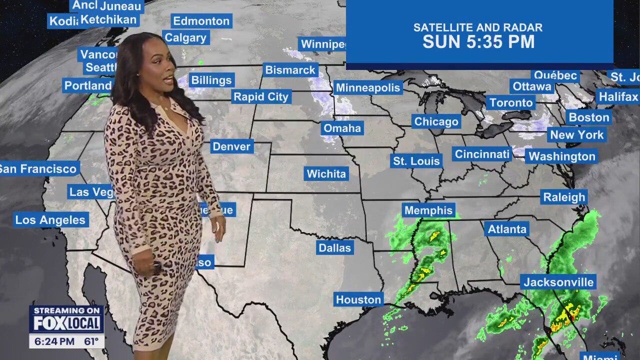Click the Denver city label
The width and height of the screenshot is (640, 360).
pos(231,146)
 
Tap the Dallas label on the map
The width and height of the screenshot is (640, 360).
pos(334,247)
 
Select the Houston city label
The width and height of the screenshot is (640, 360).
pos(358,299)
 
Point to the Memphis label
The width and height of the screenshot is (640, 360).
pos(428,210)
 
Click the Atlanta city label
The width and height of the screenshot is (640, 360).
pos(507,229)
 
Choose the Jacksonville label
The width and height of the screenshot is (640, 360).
pos(558,282)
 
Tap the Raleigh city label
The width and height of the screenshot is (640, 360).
pos(564,197)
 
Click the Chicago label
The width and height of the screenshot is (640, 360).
pos(436,121)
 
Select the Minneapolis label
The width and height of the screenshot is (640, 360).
pos(368,88)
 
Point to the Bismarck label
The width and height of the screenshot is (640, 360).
pos(290,70)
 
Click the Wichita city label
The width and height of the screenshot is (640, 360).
pos(326,174)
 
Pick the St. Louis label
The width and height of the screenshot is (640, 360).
pos(416,161)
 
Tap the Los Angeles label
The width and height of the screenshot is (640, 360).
pos(50,219)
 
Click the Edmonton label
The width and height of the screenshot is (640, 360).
pos(201,21)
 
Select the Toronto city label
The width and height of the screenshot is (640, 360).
pos(511,102)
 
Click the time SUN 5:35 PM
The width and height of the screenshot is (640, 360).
pos(478,42)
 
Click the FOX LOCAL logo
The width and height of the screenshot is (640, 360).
pos(67,323)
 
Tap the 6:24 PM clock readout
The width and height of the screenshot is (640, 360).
pos(52,342)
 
